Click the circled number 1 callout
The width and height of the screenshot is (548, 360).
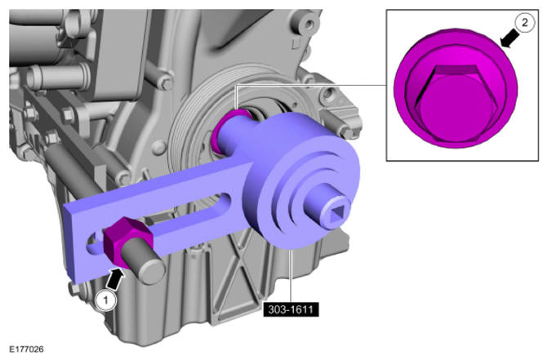coord(105,300)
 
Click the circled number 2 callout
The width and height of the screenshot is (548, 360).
coord(524,23)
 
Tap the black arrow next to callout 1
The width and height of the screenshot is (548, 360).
coord(114,278)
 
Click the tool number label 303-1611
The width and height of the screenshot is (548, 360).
coord(291,309)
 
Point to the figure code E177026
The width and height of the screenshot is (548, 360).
coord(27,349)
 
